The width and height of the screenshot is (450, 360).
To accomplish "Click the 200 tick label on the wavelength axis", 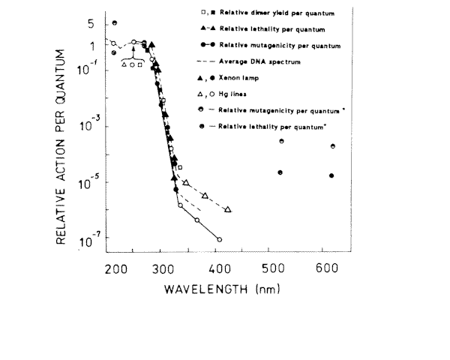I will tap(115, 268).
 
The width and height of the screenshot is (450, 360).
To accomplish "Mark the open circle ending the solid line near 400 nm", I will tap(219, 239).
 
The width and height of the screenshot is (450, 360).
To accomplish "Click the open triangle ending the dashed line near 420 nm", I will tap(228, 210).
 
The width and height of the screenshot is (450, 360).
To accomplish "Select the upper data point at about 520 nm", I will tap(281, 141).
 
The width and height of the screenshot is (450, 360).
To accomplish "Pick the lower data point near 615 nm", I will tap(331, 175).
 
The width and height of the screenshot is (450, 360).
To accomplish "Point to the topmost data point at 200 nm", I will tap(115, 23).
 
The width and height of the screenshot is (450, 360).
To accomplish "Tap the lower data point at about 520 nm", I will tap(280, 172).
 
